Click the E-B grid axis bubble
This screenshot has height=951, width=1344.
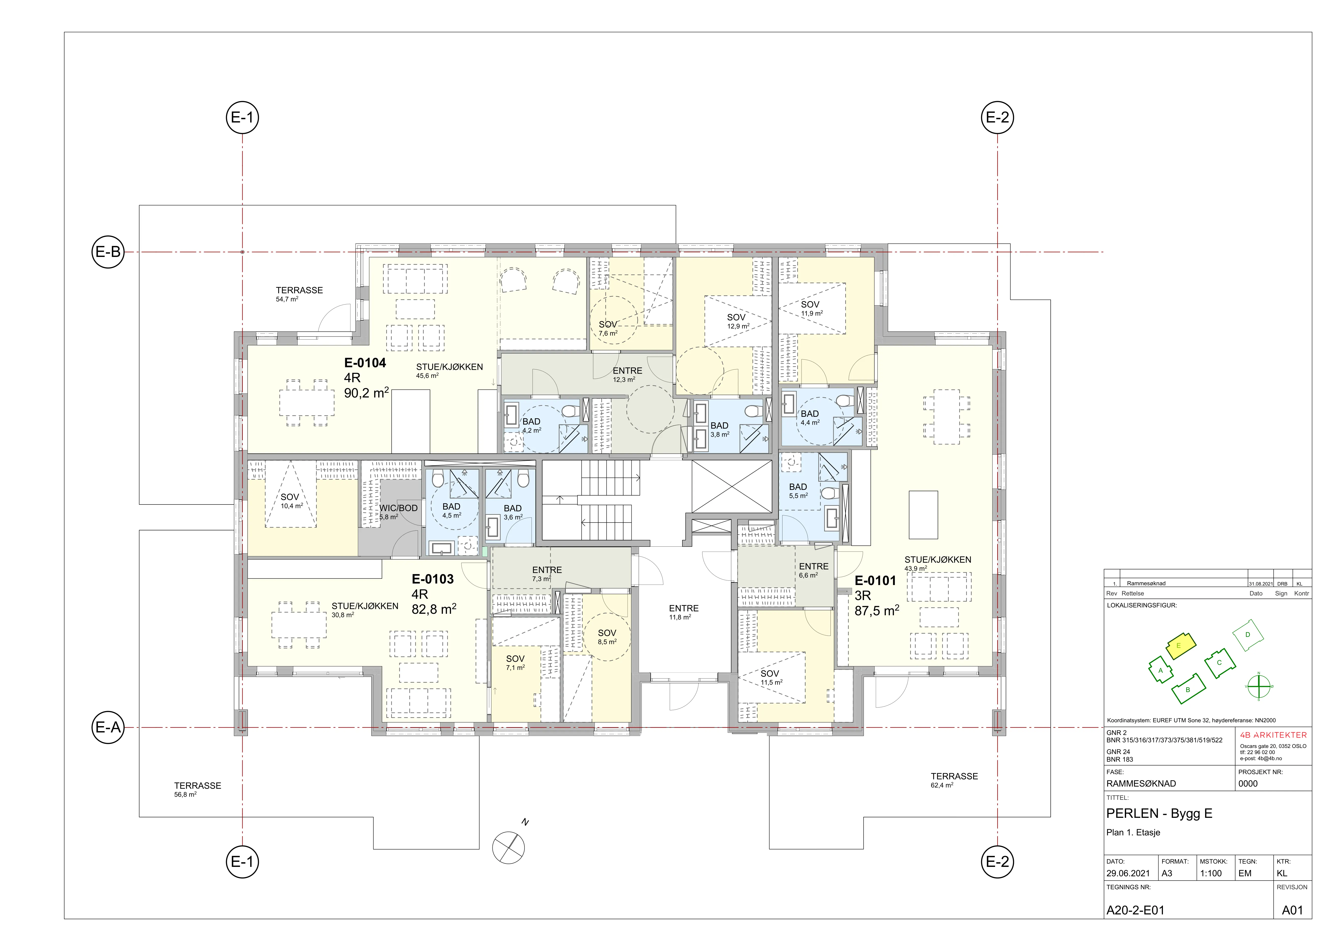tap(108, 252)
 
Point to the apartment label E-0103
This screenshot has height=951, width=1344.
tap(433, 579)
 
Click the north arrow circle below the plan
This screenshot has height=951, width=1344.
tap(509, 847)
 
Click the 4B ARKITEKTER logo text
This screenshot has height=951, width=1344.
tap(1273, 735)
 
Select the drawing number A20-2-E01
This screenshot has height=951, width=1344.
tap(1135, 911)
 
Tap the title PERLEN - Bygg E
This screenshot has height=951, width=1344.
tap(1159, 814)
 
